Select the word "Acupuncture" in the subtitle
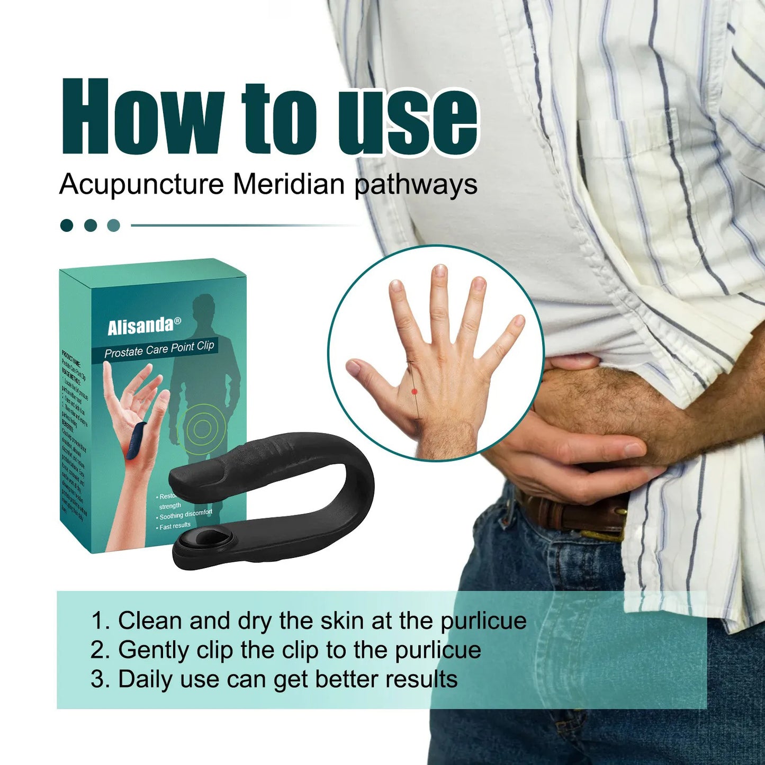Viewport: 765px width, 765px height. [x=141, y=185]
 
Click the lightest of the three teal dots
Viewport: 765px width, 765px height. [x=113, y=226]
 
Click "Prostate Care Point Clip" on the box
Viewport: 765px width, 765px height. [x=159, y=349]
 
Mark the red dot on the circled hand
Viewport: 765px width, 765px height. [x=415, y=392]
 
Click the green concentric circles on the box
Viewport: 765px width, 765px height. [x=202, y=429]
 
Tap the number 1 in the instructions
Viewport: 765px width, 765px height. [x=97, y=621]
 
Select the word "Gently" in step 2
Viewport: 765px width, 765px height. [x=154, y=650]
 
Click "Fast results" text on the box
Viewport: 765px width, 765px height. [x=175, y=526]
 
